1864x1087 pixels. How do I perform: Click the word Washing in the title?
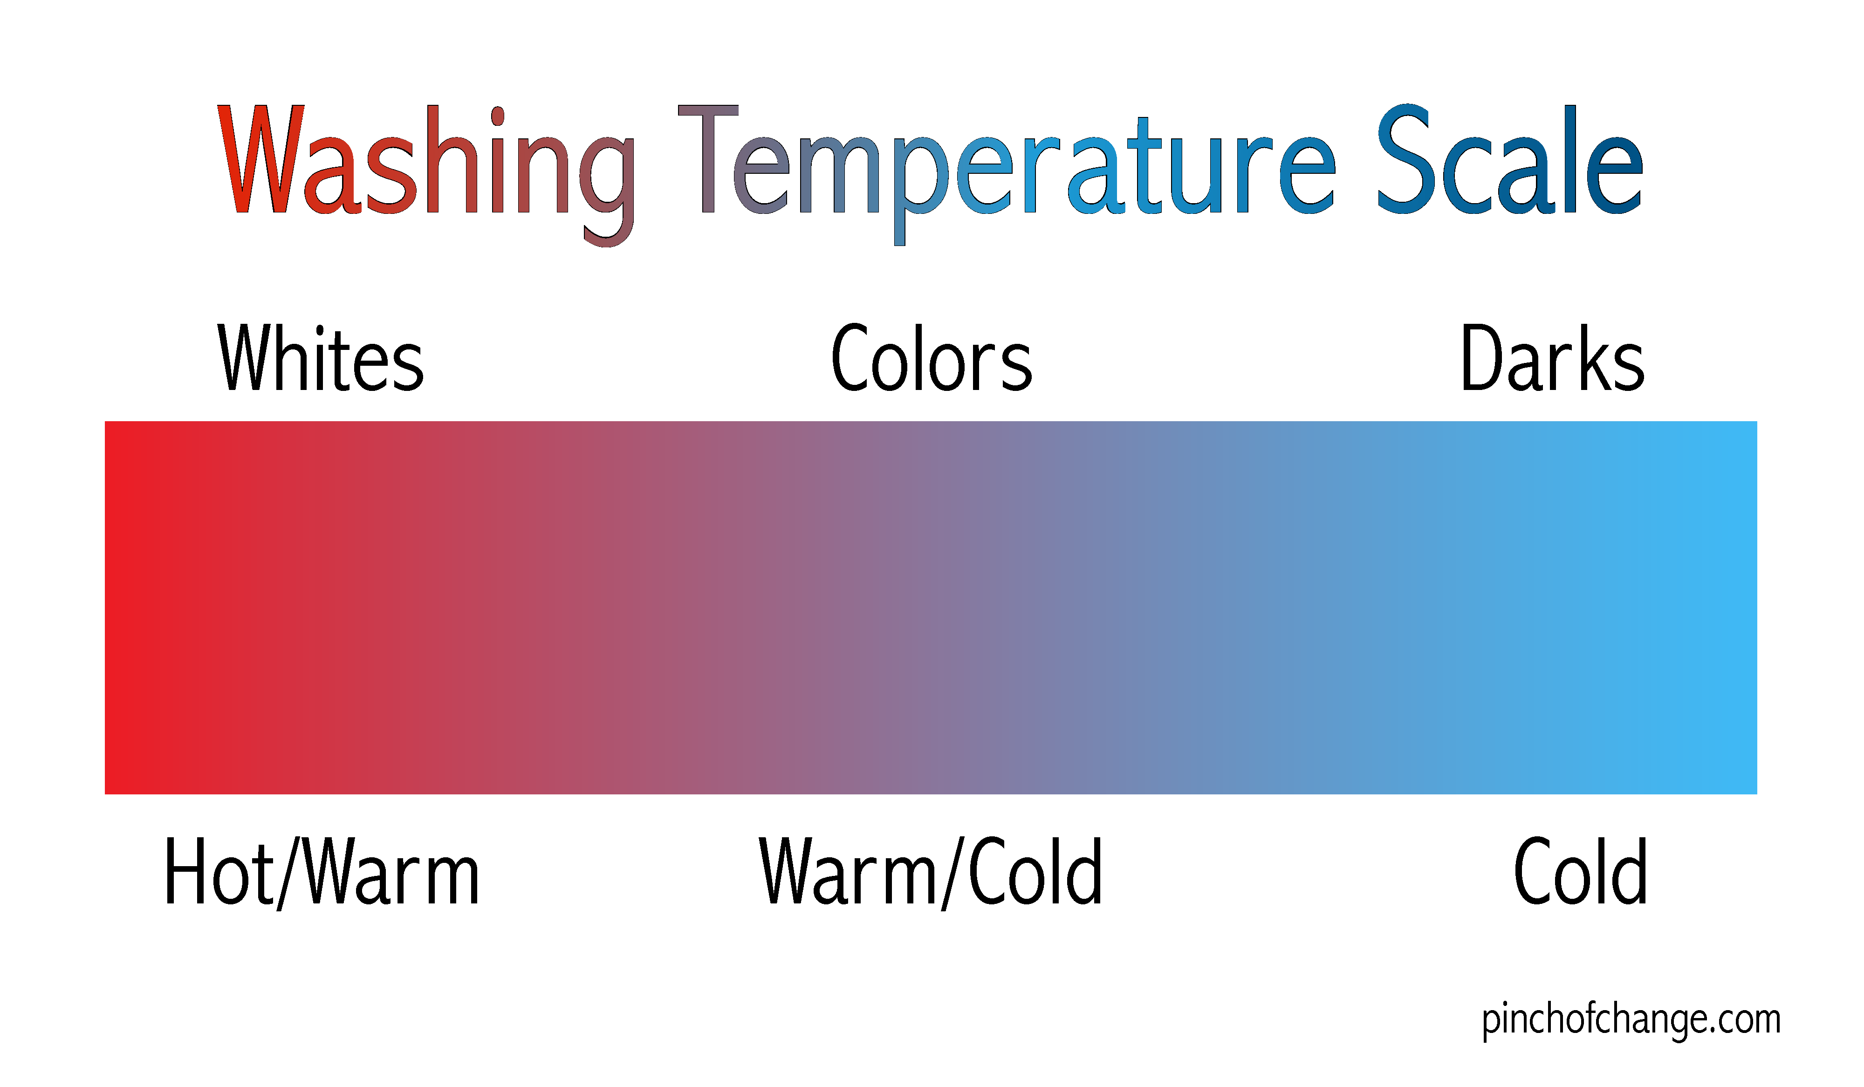tap(427, 175)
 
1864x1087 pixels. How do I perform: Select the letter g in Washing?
tap(607, 191)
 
